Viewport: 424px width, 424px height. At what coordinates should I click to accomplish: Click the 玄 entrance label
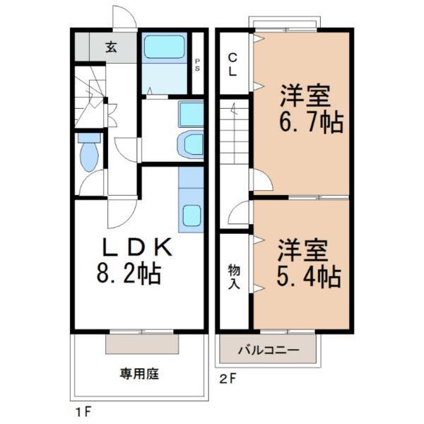(x=112, y=48)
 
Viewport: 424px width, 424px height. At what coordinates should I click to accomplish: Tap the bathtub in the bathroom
(x=163, y=48)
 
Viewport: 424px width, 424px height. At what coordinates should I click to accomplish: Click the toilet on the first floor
(x=88, y=153)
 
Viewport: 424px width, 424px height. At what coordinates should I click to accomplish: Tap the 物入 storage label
(x=232, y=276)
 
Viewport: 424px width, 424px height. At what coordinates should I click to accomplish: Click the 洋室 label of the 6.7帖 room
(x=306, y=95)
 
